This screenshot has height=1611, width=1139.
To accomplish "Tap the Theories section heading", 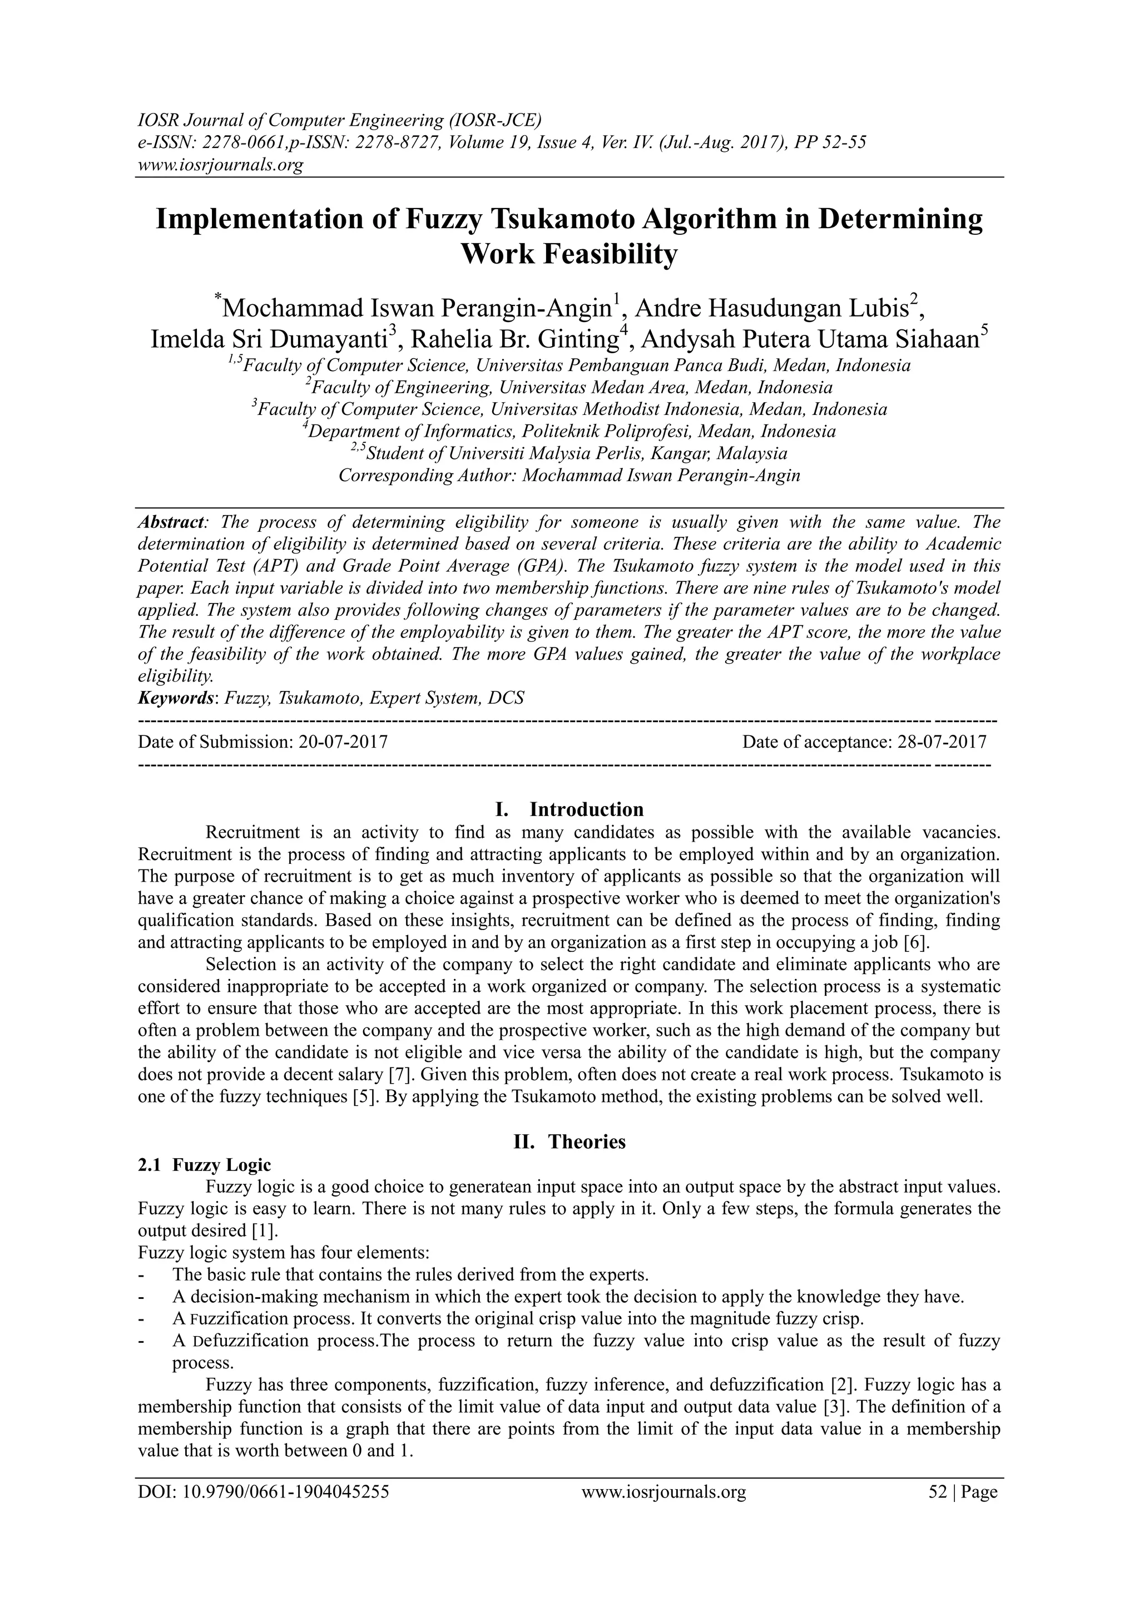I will tap(586, 1141).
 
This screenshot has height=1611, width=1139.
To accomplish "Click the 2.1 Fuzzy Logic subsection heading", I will tap(204, 1165).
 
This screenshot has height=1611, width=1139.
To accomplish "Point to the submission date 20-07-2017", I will tap(343, 742).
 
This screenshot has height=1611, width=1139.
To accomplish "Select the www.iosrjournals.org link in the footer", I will tap(663, 1511).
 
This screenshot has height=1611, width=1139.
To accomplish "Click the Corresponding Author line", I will tap(569, 475).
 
